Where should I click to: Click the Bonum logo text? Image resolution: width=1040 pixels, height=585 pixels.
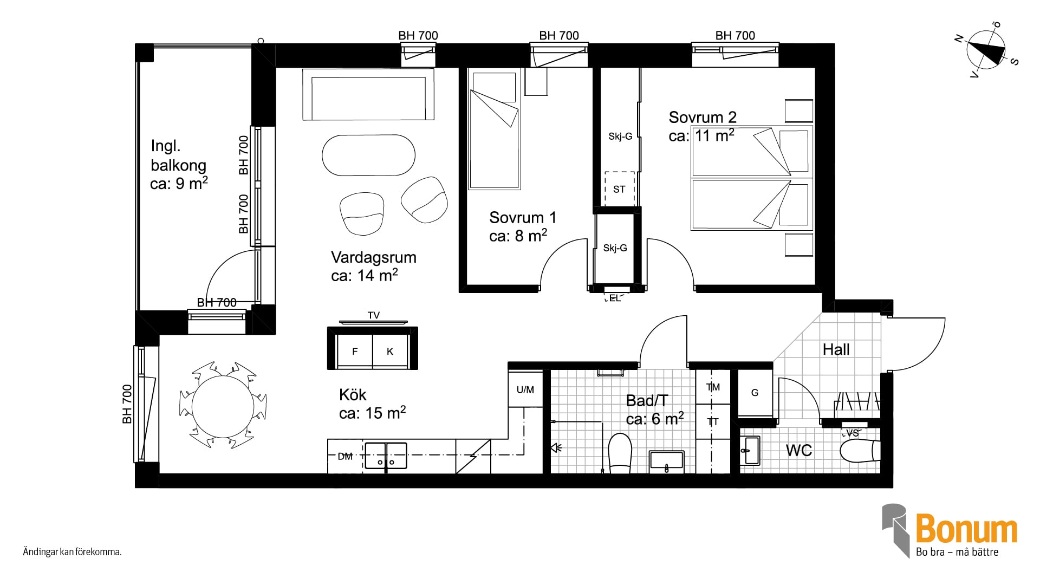click(x=966, y=530)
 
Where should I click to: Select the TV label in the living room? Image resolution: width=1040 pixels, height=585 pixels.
click(x=374, y=315)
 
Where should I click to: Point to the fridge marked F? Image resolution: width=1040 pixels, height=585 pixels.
click(x=354, y=352)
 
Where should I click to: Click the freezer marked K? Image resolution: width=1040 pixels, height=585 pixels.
click(x=390, y=352)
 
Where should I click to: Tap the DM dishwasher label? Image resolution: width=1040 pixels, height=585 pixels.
click(x=345, y=457)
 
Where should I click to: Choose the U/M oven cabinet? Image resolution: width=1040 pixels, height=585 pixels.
click(x=525, y=389)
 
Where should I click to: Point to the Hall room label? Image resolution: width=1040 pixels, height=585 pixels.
click(x=836, y=349)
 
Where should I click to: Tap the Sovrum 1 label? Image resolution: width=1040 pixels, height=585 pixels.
click(x=523, y=218)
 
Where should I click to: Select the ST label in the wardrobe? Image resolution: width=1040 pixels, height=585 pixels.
click(x=619, y=189)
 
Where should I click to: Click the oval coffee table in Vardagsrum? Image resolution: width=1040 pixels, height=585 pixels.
click(x=368, y=155)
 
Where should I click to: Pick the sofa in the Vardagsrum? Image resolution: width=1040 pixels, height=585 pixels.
click(x=368, y=94)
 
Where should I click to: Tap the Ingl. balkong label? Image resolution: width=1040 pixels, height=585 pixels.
click(x=179, y=155)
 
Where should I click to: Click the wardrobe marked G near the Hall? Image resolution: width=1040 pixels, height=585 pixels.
click(x=755, y=393)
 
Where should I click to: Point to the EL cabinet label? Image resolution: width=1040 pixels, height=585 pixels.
click(x=614, y=298)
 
